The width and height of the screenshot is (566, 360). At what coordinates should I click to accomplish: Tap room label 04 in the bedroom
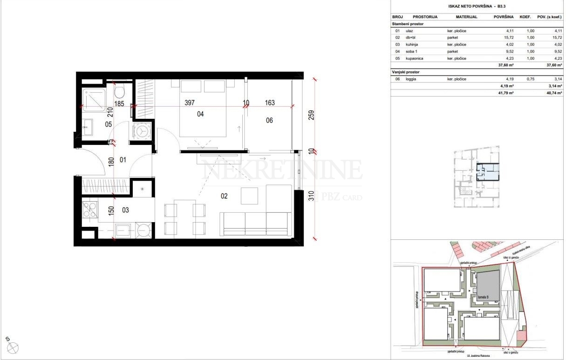click(x=201, y=113)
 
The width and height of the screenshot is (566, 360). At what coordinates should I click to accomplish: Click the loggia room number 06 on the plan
click(x=269, y=121)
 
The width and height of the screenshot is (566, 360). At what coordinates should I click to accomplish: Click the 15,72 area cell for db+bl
click(x=507, y=37)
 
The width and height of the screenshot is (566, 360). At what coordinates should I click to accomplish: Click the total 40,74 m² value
click(x=551, y=93)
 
